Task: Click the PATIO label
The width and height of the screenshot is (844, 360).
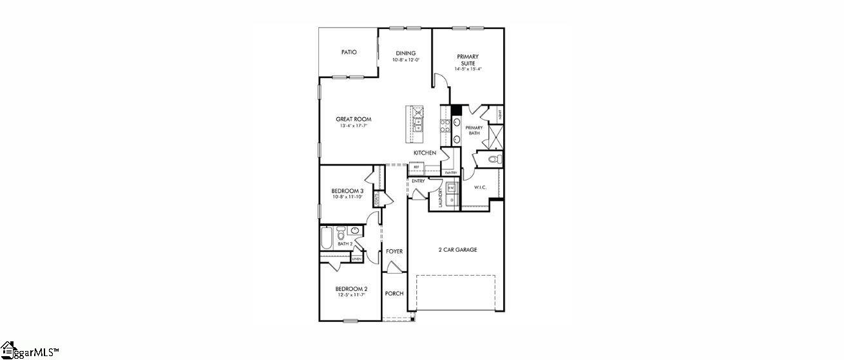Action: pyautogui.click(x=349, y=52)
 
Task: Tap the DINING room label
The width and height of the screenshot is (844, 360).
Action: pyautogui.click(x=406, y=53)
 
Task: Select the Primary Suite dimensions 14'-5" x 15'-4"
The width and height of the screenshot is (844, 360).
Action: pyautogui.click(x=468, y=69)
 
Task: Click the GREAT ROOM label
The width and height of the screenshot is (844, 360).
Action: pyautogui.click(x=353, y=119)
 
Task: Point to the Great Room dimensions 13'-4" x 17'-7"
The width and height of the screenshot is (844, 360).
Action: pyautogui.click(x=353, y=126)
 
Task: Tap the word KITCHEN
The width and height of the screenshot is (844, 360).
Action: pyautogui.click(x=425, y=153)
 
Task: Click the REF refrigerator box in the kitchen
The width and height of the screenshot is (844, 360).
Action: pyautogui.click(x=416, y=167)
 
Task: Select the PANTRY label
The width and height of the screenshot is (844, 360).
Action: pyautogui.click(x=451, y=173)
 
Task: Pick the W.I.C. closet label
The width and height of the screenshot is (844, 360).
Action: pyautogui.click(x=480, y=187)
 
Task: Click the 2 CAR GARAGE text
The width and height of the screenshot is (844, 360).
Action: pyautogui.click(x=457, y=250)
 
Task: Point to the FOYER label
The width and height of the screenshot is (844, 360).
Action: pyautogui.click(x=394, y=251)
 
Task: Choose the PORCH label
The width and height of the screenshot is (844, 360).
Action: pyautogui.click(x=394, y=294)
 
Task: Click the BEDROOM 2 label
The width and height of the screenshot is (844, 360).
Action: pyautogui.click(x=351, y=289)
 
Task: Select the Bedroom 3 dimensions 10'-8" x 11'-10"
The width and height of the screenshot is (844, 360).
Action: pyautogui.click(x=348, y=197)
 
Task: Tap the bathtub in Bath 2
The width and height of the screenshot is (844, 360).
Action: pyautogui.click(x=326, y=240)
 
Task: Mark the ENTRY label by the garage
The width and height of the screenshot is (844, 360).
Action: pyautogui.click(x=418, y=181)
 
